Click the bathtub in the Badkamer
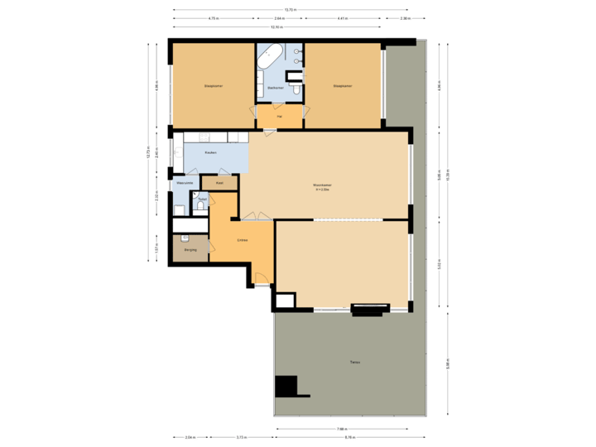[x=270, y=58]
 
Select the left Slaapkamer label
[x=213, y=85]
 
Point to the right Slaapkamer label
[x=342, y=85]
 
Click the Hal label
[x=279, y=117]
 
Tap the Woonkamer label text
[x=321, y=185]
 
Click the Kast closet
[x=219, y=182]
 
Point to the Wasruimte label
[x=185, y=182]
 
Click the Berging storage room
[x=190, y=248]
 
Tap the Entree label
[x=242, y=240]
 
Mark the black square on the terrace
[x=286, y=386]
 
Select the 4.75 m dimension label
[x=213, y=18]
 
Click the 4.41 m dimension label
[x=342, y=18]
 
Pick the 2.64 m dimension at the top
[x=279, y=18]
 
